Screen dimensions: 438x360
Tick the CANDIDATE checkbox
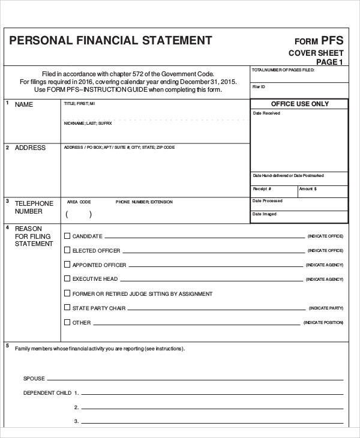(x=67, y=236)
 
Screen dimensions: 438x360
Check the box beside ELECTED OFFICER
(x=67, y=250)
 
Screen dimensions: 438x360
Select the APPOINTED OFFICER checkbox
(x=67, y=265)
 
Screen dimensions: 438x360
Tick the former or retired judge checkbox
(x=67, y=293)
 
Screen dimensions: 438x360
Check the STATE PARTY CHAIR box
(x=67, y=308)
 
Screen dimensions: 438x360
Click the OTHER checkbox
(x=67, y=322)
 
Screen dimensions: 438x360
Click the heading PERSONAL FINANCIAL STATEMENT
(x=110, y=41)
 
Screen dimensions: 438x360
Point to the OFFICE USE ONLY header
(x=300, y=104)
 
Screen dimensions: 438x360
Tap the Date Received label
(x=266, y=113)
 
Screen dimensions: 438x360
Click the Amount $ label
(x=308, y=189)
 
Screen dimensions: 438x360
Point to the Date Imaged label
(x=265, y=214)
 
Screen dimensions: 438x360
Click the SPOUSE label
(x=34, y=379)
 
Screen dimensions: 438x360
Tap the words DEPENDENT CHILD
(x=47, y=393)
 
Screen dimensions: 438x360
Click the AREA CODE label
(x=79, y=202)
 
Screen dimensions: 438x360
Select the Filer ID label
(x=259, y=87)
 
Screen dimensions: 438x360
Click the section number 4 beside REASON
(x=7, y=228)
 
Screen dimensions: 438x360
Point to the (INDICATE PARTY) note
(x=326, y=308)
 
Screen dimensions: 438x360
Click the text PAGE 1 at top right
(x=329, y=62)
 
